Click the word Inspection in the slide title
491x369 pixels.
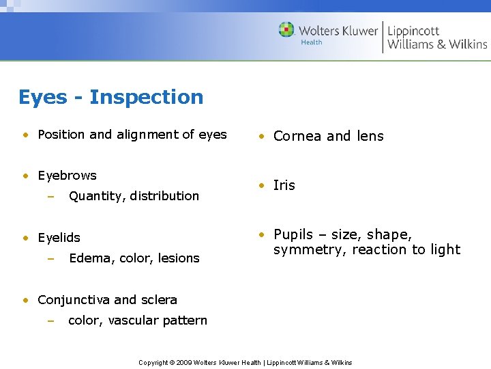tap(146, 97)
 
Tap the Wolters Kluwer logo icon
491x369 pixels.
tap(286, 30)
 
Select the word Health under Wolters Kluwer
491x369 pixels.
tap(312, 42)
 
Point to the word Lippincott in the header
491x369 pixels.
tap(413, 31)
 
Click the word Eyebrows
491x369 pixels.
tap(67, 176)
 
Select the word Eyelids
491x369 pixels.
tap(59, 238)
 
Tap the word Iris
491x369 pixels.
tap(284, 185)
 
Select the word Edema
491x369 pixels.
tap(87, 258)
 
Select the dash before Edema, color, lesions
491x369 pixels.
tap(50, 258)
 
